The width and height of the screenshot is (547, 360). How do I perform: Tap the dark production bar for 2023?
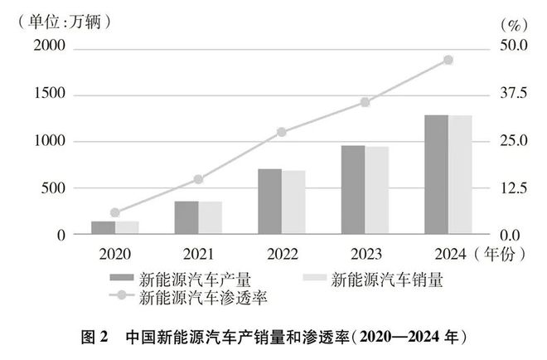tap(353, 190)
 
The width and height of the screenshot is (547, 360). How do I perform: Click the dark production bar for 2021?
tap(186, 217)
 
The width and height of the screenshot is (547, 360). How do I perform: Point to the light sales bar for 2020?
tap(127, 227)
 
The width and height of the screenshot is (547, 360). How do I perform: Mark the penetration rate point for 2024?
tap(448, 60)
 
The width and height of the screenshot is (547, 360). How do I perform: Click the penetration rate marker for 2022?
tap(282, 132)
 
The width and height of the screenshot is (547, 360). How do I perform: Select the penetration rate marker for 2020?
tap(115, 212)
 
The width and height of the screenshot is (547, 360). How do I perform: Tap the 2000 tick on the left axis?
tap(49, 48)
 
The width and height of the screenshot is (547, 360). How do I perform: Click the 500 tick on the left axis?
tap(55, 188)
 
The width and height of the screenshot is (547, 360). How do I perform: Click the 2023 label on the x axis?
tap(365, 252)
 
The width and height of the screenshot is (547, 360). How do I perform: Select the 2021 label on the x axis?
tap(198, 252)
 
